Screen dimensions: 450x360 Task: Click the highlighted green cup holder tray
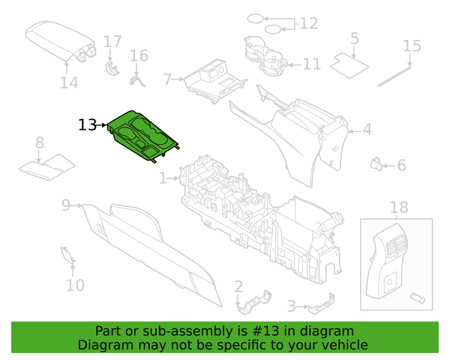(x=143, y=136)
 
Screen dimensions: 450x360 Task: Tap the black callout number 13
(x=87, y=125)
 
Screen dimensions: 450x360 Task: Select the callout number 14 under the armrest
(x=69, y=83)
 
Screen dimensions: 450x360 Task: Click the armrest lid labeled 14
(x=61, y=41)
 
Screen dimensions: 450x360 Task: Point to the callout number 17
(x=112, y=41)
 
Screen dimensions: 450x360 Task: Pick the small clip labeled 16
(x=137, y=80)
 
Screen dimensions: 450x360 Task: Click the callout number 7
(x=167, y=79)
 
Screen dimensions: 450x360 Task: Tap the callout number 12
(x=309, y=23)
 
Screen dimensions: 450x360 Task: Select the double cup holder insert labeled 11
(x=266, y=56)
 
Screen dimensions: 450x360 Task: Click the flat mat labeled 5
(x=349, y=65)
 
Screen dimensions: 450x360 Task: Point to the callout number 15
(x=412, y=46)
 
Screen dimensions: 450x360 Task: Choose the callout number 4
(x=367, y=129)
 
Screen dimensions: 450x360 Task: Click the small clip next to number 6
(x=376, y=164)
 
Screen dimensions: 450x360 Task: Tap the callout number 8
(x=39, y=143)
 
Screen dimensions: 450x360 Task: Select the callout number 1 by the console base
(x=162, y=178)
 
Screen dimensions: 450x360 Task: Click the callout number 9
(x=66, y=205)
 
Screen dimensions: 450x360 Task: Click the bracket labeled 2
(x=255, y=303)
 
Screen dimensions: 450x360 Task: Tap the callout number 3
(x=292, y=307)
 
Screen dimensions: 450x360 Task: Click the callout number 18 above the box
(x=399, y=207)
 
